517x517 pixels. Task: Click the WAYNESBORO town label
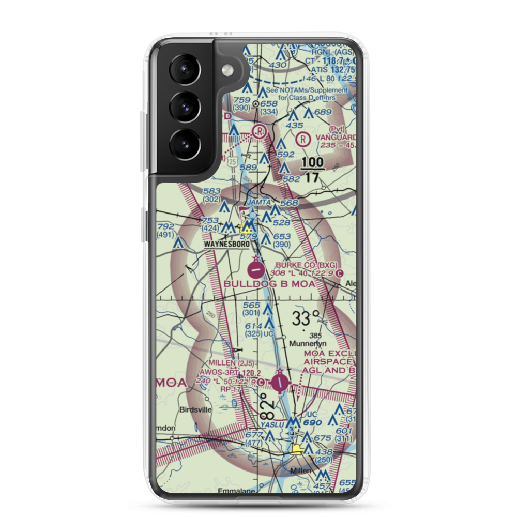click(x=227, y=244)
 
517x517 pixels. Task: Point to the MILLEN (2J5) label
click(x=224, y=363)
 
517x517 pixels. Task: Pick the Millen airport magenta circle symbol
click(x=280, y=383)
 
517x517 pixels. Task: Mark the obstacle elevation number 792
click(x=166, y=226)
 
